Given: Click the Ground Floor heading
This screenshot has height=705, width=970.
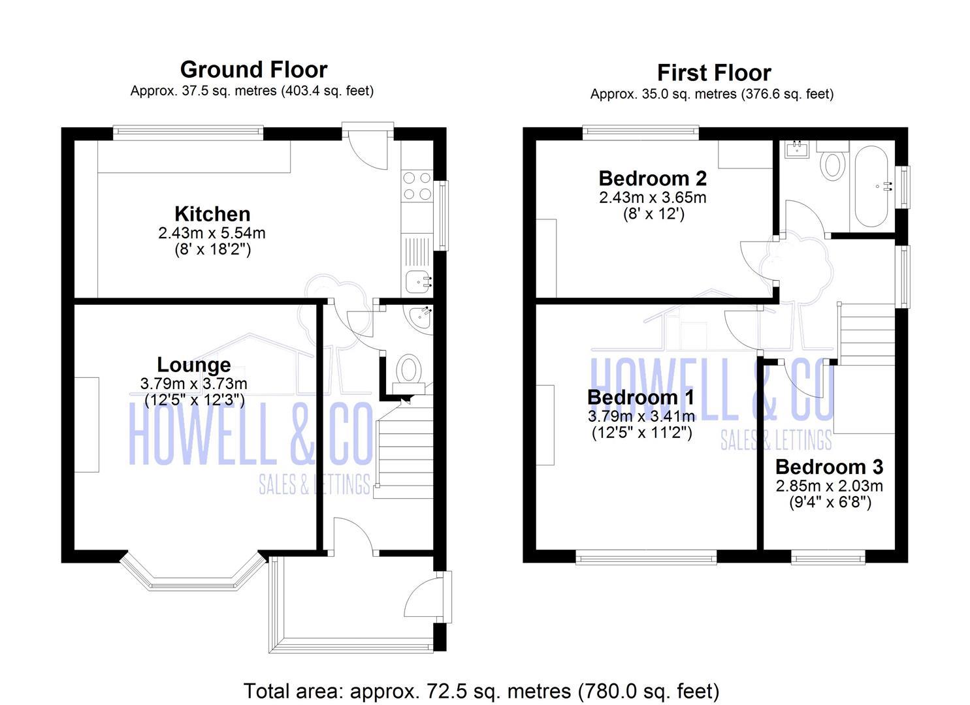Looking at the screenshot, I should [253, 69].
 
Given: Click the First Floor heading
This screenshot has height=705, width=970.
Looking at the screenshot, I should [713, 72].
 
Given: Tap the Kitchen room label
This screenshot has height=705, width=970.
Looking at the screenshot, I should [212, 214].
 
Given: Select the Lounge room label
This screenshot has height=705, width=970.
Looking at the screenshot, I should [193, 365].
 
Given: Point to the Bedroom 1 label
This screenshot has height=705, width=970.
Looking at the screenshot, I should [640, 397].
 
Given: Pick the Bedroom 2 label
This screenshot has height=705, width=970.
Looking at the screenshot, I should [653, 178].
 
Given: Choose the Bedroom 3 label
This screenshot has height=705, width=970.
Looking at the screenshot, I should [829, 467].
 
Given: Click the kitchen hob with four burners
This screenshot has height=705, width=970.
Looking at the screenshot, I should [417, 185].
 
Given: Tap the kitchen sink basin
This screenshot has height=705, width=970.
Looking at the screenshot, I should [417, 283].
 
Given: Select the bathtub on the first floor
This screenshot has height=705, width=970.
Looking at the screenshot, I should [871, 186].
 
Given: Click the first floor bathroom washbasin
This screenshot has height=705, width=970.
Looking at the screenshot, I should [797, 150].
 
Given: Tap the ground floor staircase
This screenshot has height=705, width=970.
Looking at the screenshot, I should [405, 450].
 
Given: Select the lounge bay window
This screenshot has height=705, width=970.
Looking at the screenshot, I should [193, 580].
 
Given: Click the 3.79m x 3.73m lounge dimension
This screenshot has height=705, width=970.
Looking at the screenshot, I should [193, 384].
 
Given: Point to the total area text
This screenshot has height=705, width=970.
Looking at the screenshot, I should [481, 691].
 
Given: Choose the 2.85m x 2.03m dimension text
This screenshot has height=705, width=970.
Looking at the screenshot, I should [829, 486].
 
